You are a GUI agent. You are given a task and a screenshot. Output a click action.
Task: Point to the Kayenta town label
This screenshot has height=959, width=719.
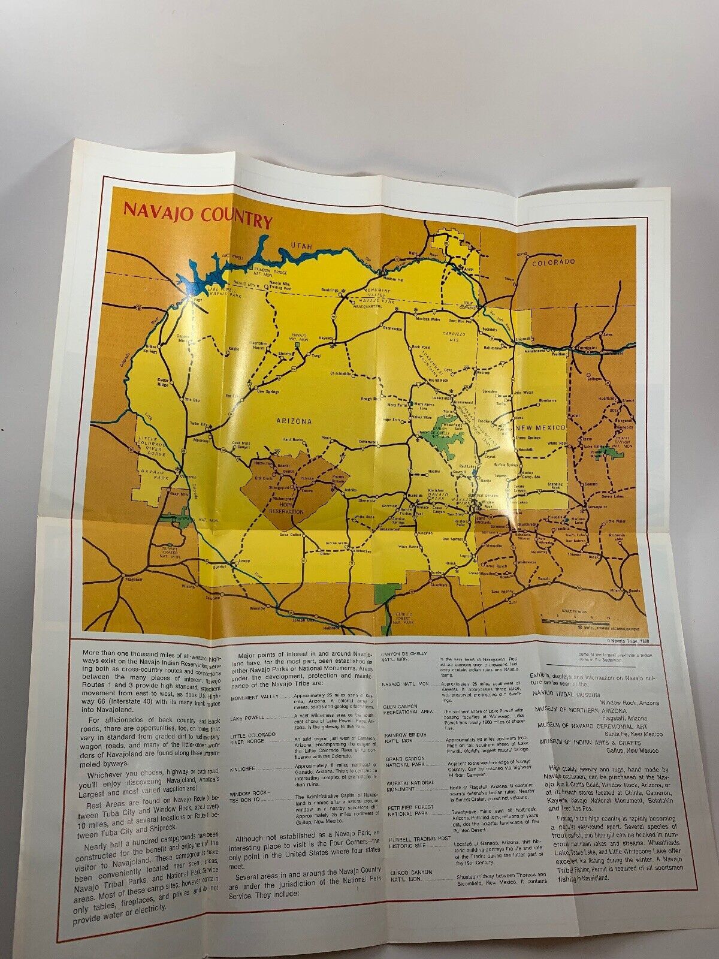[x=326, y=338]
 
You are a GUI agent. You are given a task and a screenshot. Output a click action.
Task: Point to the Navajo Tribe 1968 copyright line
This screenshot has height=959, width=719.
[x=626, y=642]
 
